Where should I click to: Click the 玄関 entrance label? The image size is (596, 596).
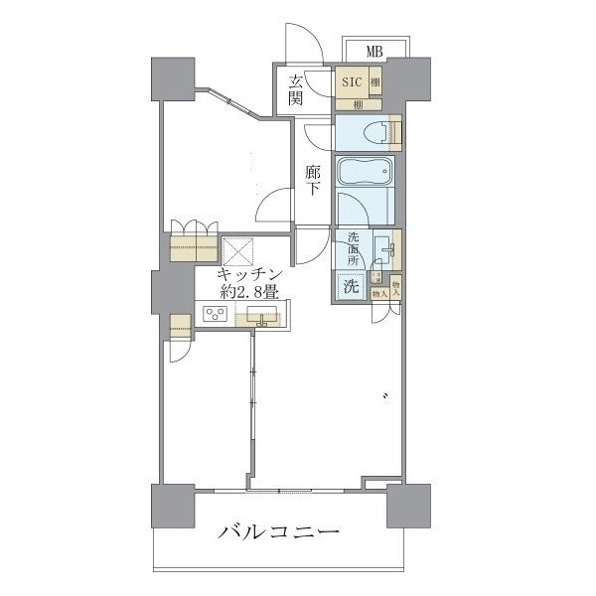tap(297, 90)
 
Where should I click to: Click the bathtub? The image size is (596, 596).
tap(365, 171)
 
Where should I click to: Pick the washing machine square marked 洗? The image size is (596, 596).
tap(352, 287)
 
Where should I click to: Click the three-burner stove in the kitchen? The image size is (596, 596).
tap(217, 315)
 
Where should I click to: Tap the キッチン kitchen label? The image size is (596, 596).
tap(253, 274)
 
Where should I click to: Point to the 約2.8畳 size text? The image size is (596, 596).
tap(249, 292)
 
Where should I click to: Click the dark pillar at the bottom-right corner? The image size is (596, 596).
tap(408, 507)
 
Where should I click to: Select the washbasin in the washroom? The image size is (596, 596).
tap(381, 246)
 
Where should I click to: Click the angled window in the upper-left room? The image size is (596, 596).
tap(231, 103)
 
